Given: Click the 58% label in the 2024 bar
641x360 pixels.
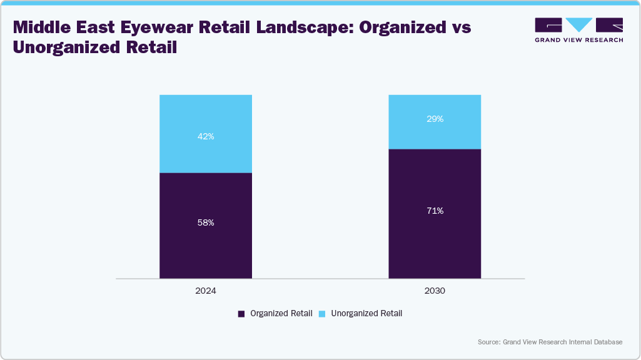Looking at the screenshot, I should pos(206,222).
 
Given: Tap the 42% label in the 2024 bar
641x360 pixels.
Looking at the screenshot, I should pos(206,136).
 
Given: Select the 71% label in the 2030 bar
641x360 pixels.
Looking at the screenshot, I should pos(435,211).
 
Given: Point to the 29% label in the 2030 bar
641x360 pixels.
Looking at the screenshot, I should pos(435,119).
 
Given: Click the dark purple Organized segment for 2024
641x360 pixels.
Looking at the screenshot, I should pos(206,250).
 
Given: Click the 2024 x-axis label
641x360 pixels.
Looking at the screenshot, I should pos(206,291).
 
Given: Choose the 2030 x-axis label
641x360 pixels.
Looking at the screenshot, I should pos(435,291).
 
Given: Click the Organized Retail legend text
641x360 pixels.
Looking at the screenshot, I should pos(281,314).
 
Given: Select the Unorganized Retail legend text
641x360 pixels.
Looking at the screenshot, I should pos(366,314).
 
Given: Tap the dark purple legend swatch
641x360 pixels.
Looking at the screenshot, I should pos(241,314).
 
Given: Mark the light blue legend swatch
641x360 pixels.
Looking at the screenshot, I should pos(322,314).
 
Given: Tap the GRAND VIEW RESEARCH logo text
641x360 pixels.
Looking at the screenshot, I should pos(578,40).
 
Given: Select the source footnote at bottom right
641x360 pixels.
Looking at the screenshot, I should pos(550,342).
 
